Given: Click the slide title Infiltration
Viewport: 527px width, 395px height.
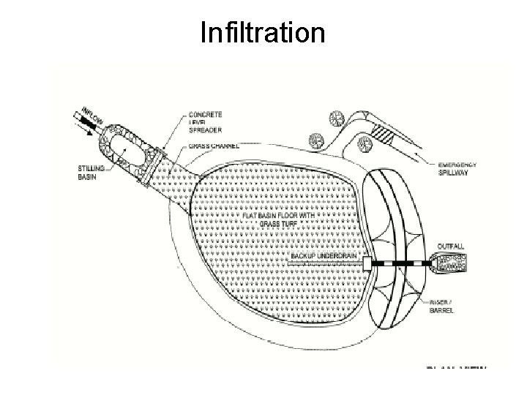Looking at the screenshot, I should pyautogui.click(x=263, y=32).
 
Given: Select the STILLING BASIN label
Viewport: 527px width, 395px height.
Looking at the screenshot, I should pyautogui.click(x=92, y=172).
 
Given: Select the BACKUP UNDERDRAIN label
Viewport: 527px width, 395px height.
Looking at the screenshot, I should pyautogui.click(x=323, y=256).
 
